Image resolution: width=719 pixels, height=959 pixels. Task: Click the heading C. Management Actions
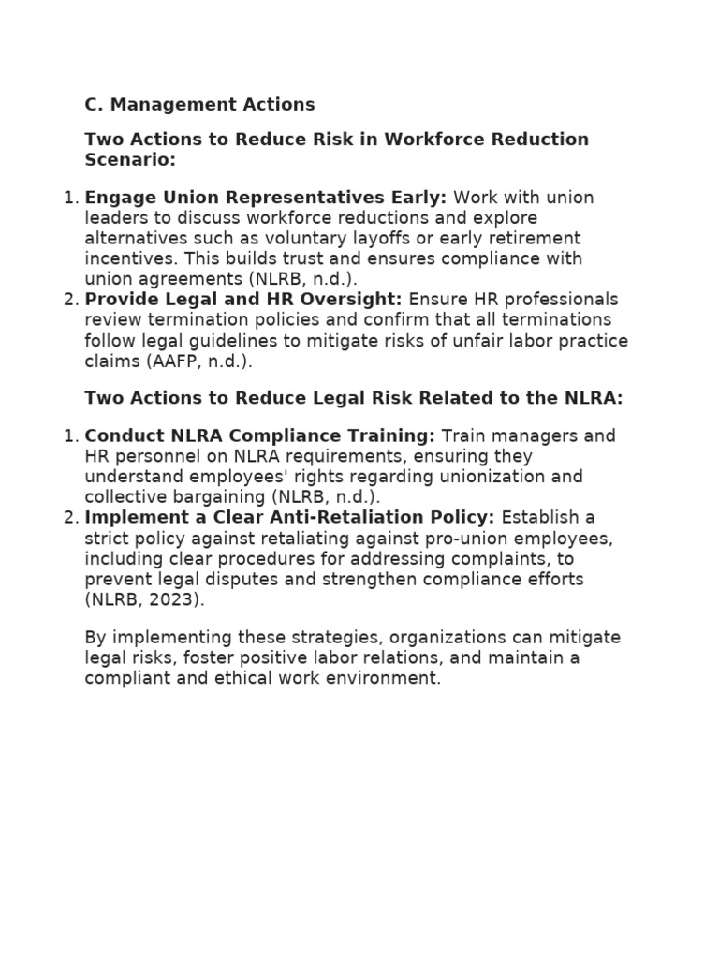pyautogui.click(x=199, y=104)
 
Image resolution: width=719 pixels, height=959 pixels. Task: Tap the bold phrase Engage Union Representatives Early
pyautogui.click(x=265, y=198)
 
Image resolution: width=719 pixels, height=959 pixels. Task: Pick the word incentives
pyautogui.click(x=127, y=258)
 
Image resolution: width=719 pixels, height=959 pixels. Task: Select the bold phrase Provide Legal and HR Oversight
pyautogui.click(x=242, y=300)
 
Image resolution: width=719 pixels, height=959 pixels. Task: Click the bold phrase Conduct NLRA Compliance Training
pyautogui.click(x=259, y=436)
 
